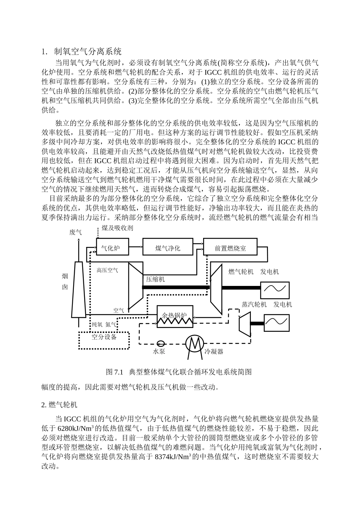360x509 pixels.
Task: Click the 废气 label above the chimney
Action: point(75,232)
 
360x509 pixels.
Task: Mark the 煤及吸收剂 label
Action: point(117,228)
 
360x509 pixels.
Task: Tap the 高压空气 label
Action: point(107,270)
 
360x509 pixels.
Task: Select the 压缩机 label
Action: point(156,279)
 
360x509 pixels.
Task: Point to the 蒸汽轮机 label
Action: point(254,304)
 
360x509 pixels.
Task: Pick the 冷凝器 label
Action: point(214,351)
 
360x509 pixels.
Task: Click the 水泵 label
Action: point(159,351)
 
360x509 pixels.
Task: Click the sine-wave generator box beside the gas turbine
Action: point(274,290)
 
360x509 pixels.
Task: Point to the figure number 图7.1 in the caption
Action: point(116,372)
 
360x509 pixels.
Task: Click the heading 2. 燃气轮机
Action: point(59,405)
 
